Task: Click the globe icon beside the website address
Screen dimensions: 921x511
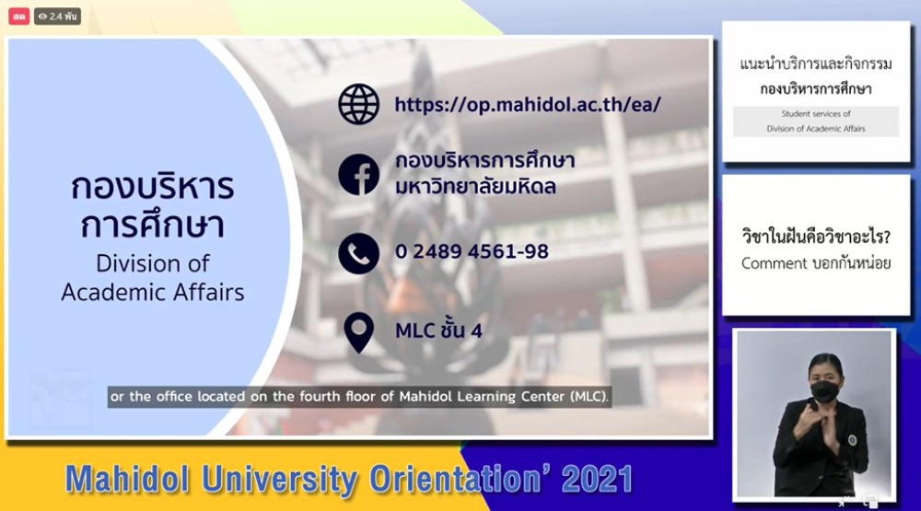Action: coord(358,104)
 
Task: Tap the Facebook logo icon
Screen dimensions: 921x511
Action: coord(358,174)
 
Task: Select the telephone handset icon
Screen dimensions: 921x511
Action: coord(358,253)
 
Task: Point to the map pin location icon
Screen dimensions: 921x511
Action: coord(358,332)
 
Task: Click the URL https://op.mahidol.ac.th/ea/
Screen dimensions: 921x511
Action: coord(528,105)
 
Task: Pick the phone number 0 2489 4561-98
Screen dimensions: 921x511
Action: coord(472,251)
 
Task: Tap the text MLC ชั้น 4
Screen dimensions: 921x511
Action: coord(438,330)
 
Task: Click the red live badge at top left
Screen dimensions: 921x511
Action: coord(18,17)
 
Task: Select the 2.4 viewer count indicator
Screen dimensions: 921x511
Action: coord(57,17)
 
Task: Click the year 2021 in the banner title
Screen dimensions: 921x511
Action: coord(596,480)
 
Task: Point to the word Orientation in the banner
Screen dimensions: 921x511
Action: coord(455,479)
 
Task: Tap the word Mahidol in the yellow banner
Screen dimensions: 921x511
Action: coord(127,479)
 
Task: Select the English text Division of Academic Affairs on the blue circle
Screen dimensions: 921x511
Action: coord(153,278)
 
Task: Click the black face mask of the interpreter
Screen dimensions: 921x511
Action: coord(824,390)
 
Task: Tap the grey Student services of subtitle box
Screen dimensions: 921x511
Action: coord(815,122)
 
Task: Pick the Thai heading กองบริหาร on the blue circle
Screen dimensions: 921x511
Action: coord(153,187)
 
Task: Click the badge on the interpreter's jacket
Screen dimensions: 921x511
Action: coord(852,439)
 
